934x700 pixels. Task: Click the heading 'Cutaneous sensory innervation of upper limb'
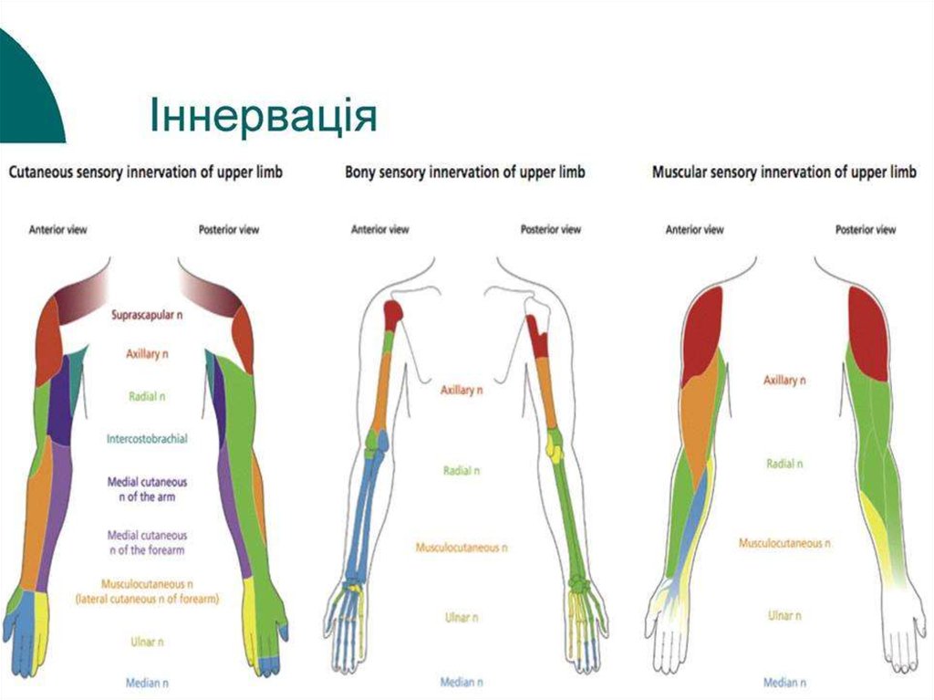click(145, 172)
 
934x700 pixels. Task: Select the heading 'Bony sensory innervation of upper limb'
click(464, 172)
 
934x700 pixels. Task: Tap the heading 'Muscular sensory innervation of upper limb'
click(784, 172)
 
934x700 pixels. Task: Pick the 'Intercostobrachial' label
click(147, 438)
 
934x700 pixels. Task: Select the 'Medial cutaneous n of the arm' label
click(147, 488)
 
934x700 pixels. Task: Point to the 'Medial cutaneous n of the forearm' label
click(147, 542)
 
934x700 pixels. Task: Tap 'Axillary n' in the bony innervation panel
click(462, 390)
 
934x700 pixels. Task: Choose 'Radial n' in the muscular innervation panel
click(784, 464)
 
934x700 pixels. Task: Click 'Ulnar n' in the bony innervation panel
click(462, 618)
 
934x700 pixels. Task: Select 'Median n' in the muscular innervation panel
click(784, 682)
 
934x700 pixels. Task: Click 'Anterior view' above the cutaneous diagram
click(58, 230)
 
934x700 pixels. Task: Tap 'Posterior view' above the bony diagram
click(550, 230)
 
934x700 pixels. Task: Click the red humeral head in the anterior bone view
click(393, 315)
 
